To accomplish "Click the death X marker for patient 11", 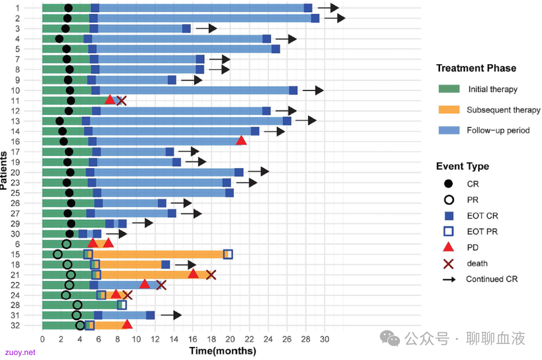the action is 121,100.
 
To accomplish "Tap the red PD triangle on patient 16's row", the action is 241,141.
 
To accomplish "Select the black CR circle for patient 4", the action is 59,39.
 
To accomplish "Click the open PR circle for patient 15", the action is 58,255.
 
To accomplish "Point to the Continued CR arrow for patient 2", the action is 335,18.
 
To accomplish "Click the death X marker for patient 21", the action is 211,275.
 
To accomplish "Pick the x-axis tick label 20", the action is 230,339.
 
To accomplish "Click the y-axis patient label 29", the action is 15,224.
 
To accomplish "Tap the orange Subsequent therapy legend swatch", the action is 449,109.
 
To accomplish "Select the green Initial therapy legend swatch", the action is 449,89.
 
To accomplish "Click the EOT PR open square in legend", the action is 448,231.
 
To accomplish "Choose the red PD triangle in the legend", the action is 448,247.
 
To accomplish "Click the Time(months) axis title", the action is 223,350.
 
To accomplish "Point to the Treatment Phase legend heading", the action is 476,68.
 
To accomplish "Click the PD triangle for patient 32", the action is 127,324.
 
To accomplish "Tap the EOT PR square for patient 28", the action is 121,305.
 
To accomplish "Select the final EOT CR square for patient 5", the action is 276,49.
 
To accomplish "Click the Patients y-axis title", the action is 4,170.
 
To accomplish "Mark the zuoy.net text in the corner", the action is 20,352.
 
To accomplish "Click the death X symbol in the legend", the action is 448,264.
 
